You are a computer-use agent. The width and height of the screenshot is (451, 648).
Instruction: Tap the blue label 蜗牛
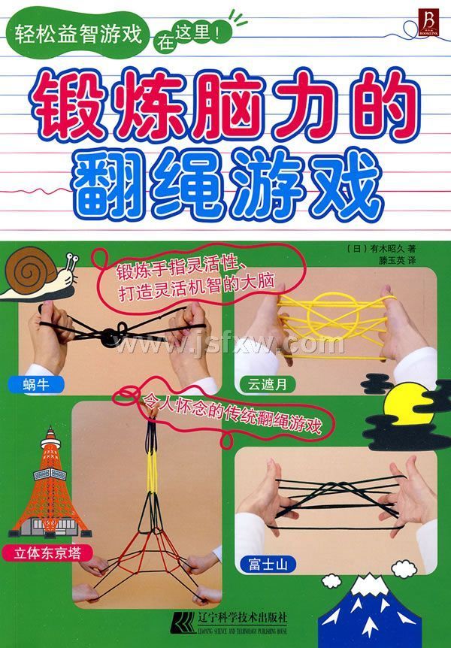[x=36, y=385]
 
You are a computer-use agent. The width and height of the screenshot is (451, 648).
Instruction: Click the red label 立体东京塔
[x=47, y=553]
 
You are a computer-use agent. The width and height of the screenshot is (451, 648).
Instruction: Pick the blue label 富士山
[x=268, y=564]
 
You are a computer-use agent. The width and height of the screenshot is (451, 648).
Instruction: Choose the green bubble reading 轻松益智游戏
[x=77, y=34]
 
